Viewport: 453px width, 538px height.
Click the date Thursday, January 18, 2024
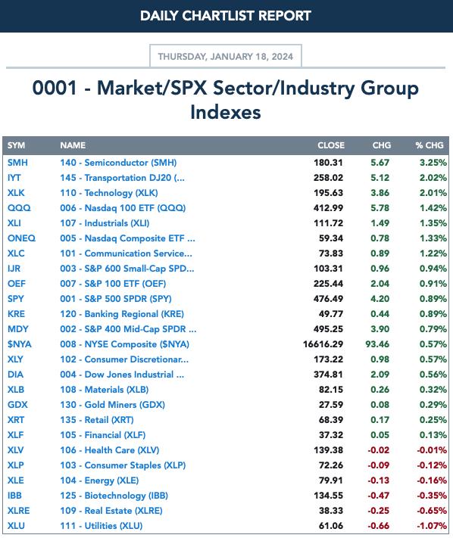pos(225,56)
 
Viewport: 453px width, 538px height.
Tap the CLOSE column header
pos(331,145)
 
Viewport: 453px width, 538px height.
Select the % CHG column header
pos(430,145)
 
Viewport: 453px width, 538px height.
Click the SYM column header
pos(16,145)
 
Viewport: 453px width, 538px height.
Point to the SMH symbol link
pos(17,163)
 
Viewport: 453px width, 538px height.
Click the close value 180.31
pos(328,163)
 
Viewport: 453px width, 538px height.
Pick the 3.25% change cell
pos(433,163)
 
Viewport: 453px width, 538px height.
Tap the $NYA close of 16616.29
pos(323,344)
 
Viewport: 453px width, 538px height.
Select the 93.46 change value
pos(377,344)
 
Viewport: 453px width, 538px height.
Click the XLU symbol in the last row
pos(16,526)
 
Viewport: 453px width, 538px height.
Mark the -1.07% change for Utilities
pos(432,526)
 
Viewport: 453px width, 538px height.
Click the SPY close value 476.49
pos(328,299)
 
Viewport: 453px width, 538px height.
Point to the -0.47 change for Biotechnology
pos(379,496)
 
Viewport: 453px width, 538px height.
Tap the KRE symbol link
pos(16,314)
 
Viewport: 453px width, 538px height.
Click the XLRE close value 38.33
pos(331,511)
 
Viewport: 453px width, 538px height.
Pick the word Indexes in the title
pos(226,112)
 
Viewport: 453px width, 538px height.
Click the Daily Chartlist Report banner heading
pos(226,16)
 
